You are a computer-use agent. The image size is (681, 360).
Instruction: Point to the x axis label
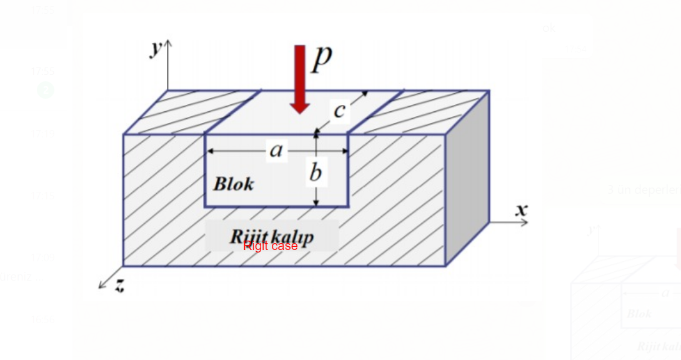click(x=521, y=209)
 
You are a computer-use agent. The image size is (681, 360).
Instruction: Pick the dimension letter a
click(x=276, y=150)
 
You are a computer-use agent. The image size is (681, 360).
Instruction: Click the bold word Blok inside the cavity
click(x=234, y=184)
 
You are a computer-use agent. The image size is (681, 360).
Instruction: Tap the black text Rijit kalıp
click(x=272, y=236)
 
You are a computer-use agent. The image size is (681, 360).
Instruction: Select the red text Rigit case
click(x=271, y=246)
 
